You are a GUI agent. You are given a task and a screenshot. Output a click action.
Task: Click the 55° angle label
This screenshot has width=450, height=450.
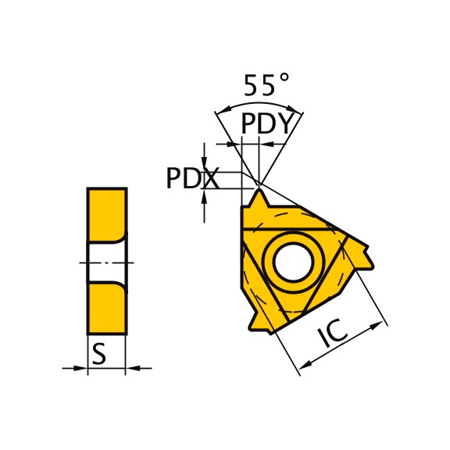266,84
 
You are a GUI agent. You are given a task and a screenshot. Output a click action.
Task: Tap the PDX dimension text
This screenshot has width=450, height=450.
191,179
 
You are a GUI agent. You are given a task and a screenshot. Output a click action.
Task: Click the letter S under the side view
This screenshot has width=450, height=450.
98,355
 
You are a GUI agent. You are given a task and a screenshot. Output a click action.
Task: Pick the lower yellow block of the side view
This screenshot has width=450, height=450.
106,309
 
